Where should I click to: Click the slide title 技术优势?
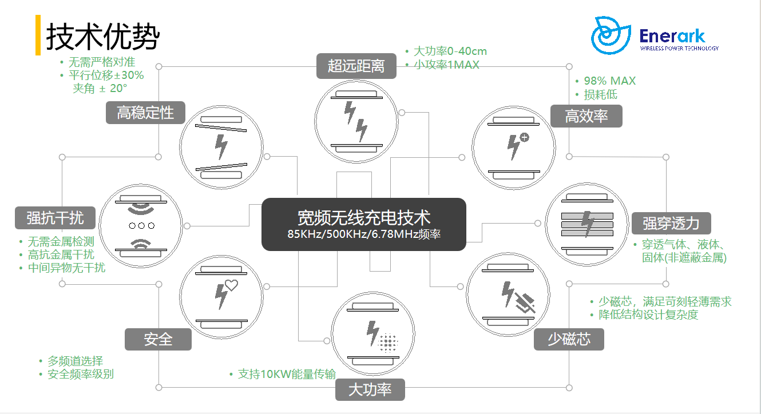point(102,37)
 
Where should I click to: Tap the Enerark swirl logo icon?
point(611,35)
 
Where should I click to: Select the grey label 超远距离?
point(356,66)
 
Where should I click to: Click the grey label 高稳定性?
point(145,113)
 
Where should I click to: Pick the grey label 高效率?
point(586,116)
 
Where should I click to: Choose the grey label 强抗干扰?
point(55,218)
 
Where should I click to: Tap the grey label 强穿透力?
point(671,223)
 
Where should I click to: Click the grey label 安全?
point(158,339)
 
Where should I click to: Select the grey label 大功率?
point(370,389)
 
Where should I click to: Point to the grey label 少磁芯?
point(569,339)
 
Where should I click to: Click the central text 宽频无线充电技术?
point(364,217)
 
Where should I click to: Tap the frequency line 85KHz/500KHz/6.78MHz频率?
point(364,234)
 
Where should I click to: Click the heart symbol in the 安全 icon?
point(231,285)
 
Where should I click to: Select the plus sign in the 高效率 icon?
point(525,137)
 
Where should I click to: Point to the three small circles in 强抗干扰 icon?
point(142,226)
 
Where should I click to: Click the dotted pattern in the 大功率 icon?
point(387,343)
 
